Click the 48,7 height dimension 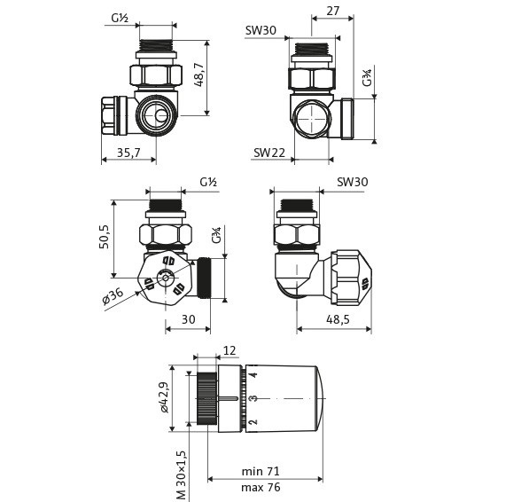(199, 75)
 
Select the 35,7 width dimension (128, 153)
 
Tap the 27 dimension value (332, 11)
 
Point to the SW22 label (269, 153)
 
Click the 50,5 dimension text (105, 237)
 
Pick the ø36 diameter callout (113, 296)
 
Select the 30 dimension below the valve (188, 319)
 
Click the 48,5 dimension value (338, 319)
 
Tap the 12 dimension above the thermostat (229, 350)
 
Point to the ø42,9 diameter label (164, 397)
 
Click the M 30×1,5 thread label (181, 475)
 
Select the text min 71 (261, 471)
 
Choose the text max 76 (261, 487)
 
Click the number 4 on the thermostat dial (253, 374)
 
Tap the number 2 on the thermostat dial (253, 421)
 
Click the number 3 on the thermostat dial (253, 398)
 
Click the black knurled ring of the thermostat (206, 398)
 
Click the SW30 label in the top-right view (261, 30)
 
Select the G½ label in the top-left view (121, 18)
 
